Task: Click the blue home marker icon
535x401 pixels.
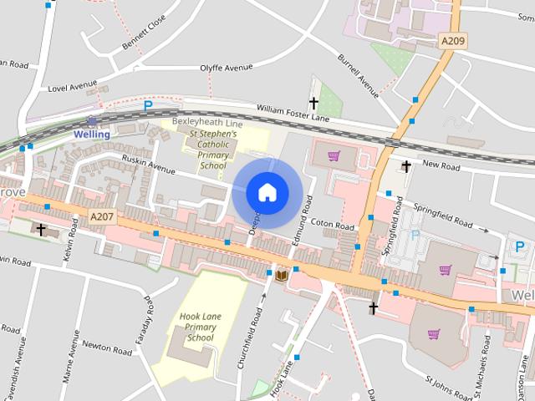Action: [267, 192]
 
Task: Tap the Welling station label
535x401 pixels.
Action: [91, 134]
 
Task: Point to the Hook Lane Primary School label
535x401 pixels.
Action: [201, 327]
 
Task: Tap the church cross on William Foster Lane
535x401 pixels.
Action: [314, 104]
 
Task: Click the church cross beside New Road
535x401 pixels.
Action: [406, 166]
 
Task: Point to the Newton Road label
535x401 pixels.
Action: [106, 345]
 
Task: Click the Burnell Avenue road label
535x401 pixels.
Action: [359, 72]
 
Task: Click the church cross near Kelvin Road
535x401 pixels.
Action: [42, 229]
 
